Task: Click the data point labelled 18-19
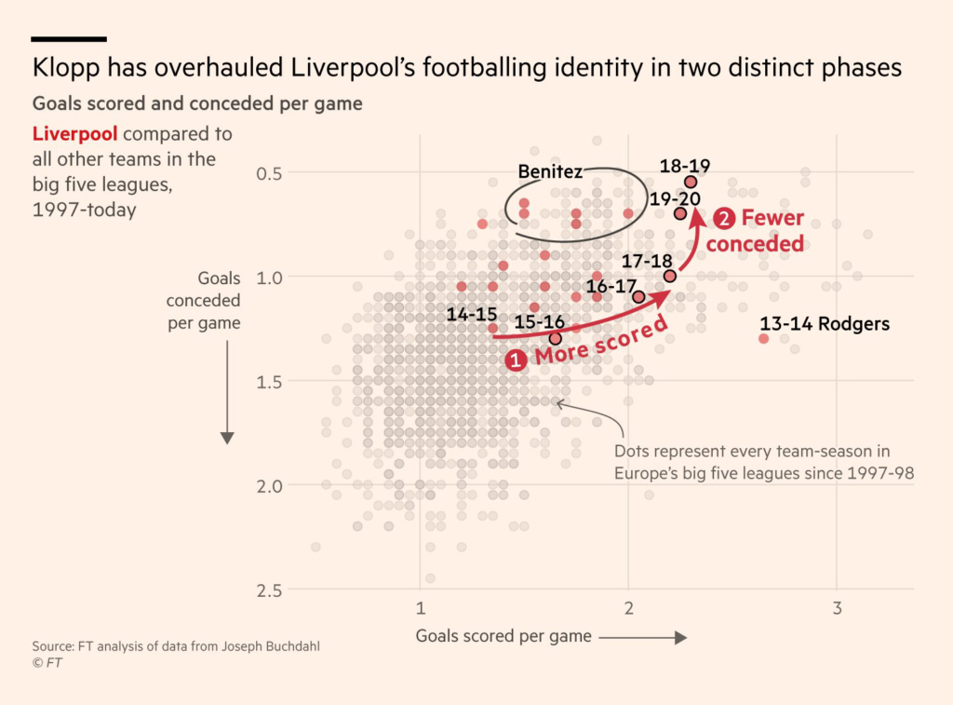coord(691,182)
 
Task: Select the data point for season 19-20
coord(680,213)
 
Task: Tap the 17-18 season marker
coord(670,276)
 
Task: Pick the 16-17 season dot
coord(638,297)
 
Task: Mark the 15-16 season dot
coord(556,338)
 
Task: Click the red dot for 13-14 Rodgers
coord(764,338)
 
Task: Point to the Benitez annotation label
coord(550,171)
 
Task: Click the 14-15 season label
coord(472,315)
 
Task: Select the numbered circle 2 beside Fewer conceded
coord(725,220)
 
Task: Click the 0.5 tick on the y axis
coord(270,173)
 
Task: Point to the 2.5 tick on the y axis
coord(270,590)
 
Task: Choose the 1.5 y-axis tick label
coord(270,381)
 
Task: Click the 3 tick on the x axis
coord(837,608)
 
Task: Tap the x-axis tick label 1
coord(421,608)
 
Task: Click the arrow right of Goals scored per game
coord(643,637)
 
